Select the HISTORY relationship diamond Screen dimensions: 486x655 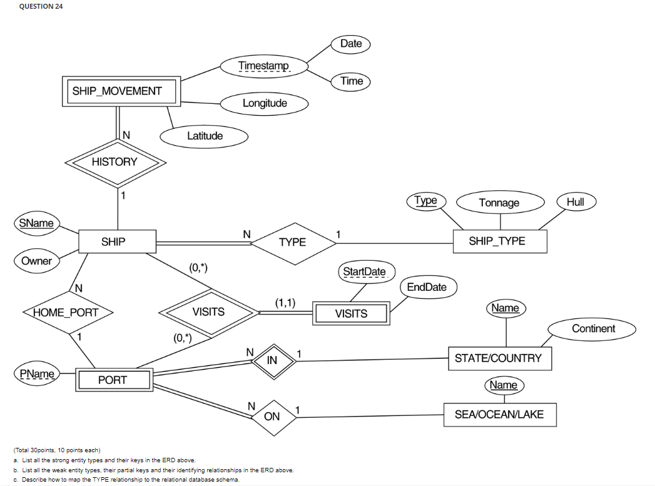pyautogui.click(x=114, y=162)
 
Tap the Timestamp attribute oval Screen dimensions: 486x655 pyautogui.click(x=264, y=66)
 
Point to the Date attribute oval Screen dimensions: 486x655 pyautogui.click(x=351, y=44)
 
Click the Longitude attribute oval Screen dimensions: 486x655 pyautogui.click(x=265, y=103)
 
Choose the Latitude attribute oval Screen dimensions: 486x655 pyautogui.click(x=205, y=136)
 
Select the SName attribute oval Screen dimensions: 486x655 pyautogui.click(x=36, y=223)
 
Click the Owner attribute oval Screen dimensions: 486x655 pyautogui.click(x=36, y=261)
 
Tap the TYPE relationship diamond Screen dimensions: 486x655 pyautogui.click(x=292, y=242)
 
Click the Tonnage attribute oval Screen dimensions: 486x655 pyautogui.click(x=499, y=203)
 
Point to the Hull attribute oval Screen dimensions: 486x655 pyautogui.click(x=575, y=201)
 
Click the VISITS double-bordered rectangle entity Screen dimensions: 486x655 pyautogui.click(x=351, y=313)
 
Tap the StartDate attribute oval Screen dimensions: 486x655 pyautogui.click(x=365, y=272)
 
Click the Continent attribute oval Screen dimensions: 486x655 pyautogui.click(x=593, y=329)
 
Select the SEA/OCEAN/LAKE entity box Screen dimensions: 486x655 pyautogui.click(x=500, y=414)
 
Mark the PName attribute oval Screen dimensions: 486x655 pyautogui.click(x=37, y=374)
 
